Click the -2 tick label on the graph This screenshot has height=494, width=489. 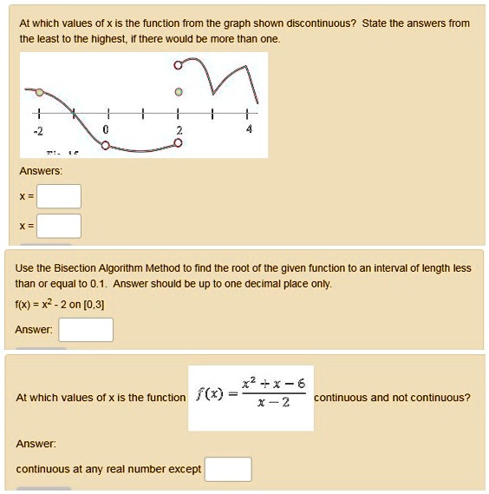37,128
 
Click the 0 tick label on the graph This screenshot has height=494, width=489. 106,128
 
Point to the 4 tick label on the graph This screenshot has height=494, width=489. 249,128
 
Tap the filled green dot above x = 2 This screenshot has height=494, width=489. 178,91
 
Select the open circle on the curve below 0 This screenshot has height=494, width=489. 106,146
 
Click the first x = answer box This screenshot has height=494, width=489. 59,196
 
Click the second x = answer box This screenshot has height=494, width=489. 59,227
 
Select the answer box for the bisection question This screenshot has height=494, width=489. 86,330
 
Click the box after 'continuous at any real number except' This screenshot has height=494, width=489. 228,469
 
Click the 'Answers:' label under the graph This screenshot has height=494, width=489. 39,170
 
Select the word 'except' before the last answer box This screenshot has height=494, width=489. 184,469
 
